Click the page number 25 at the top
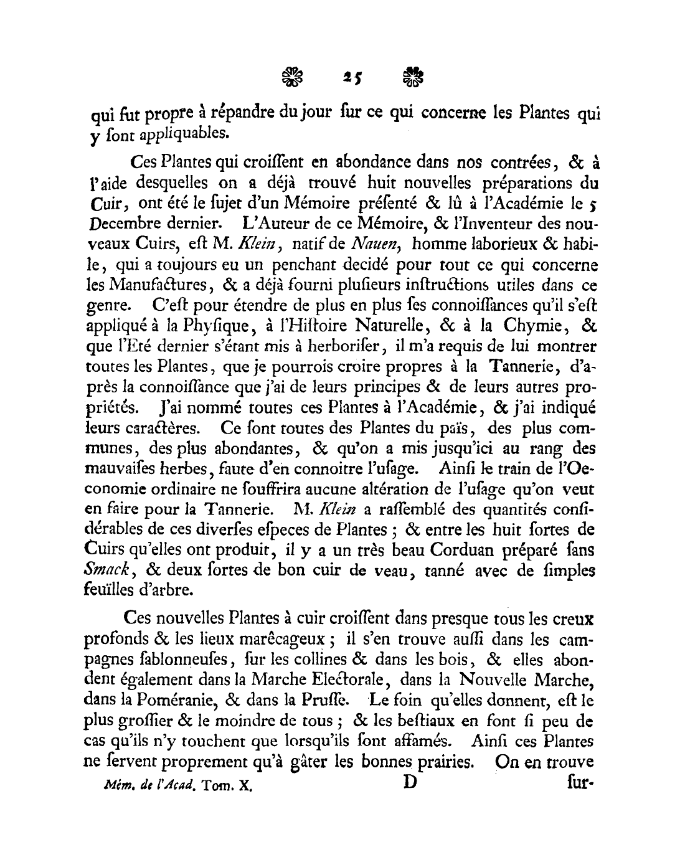352,77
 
